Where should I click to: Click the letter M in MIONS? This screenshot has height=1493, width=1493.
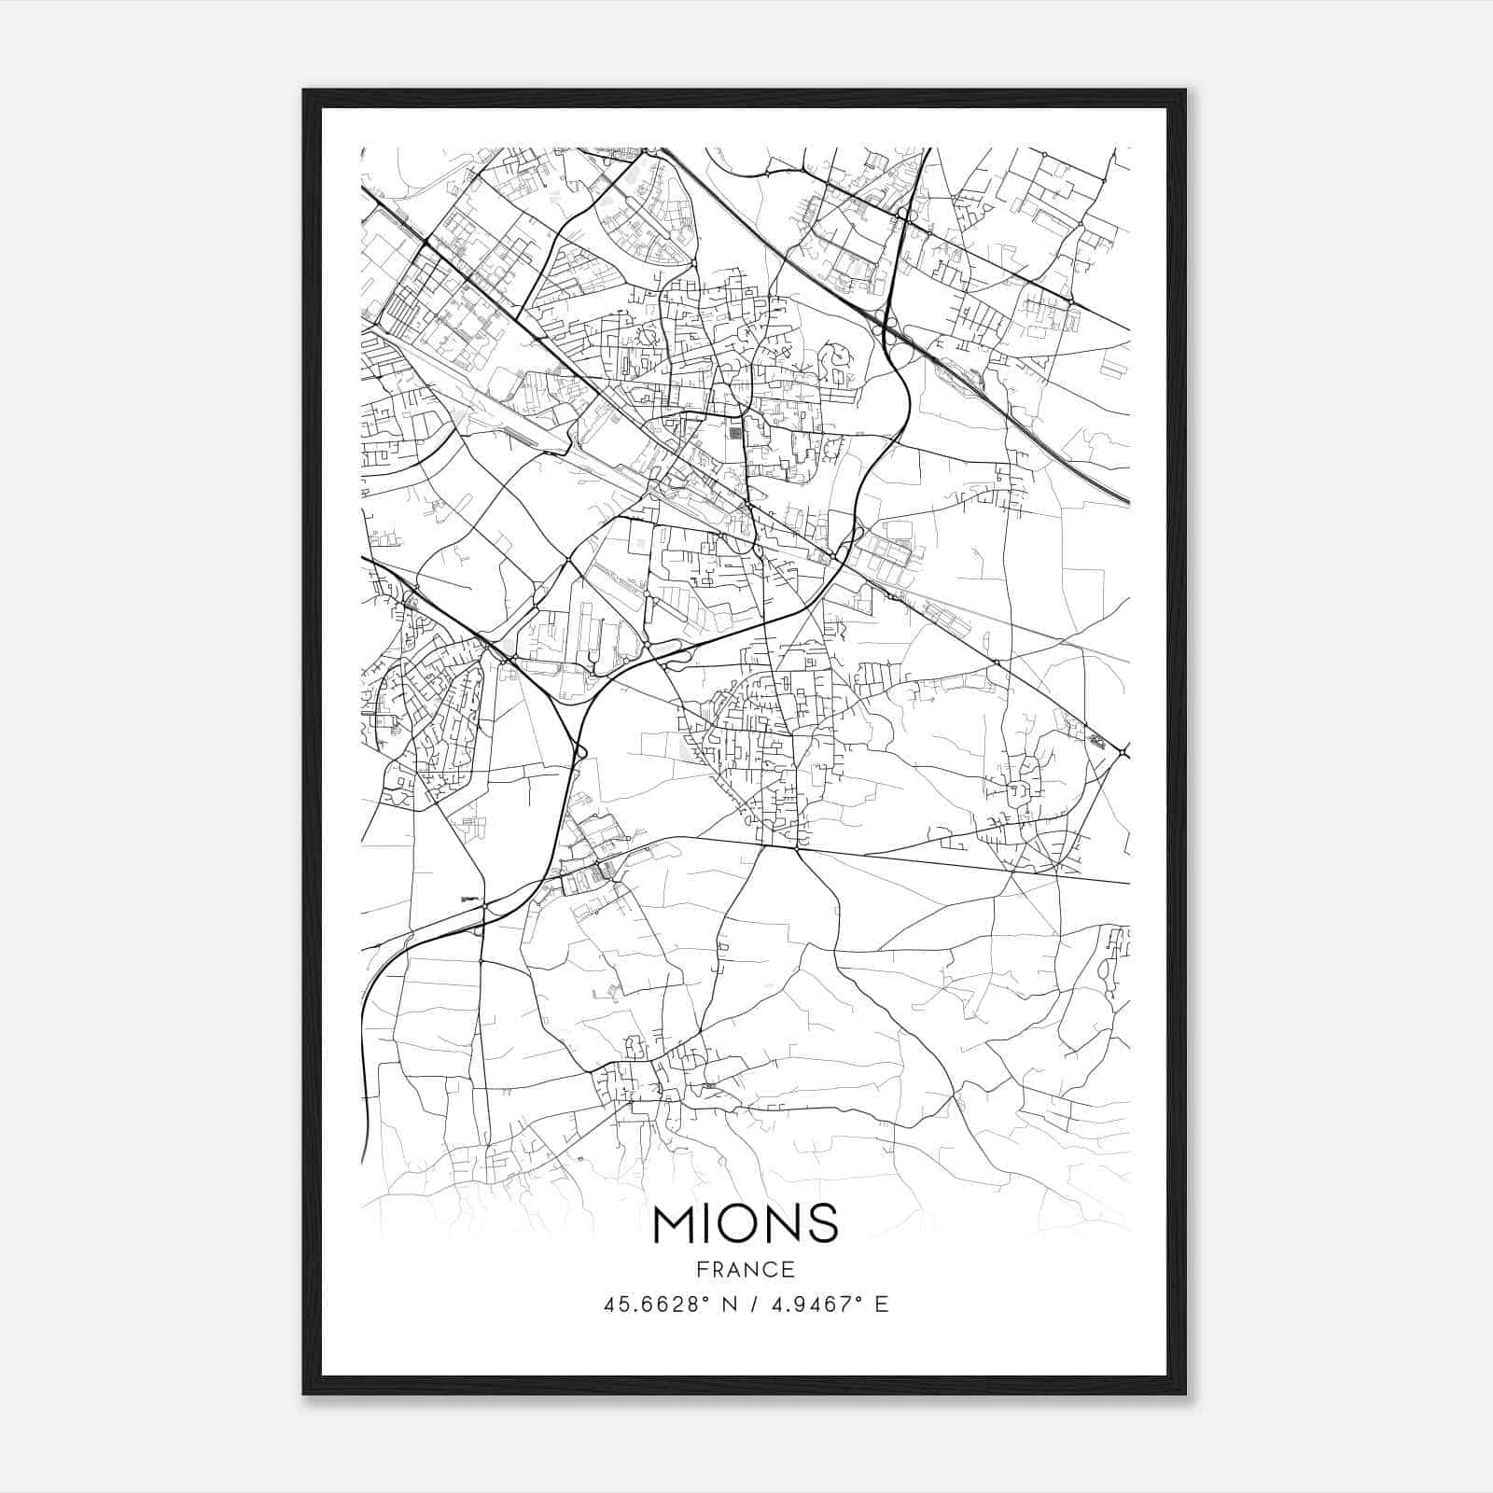point(674,1223)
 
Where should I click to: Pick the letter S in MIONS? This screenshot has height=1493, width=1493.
point(823,1223)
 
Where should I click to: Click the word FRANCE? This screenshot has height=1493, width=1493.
point(746,1269)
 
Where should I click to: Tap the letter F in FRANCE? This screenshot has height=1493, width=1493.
point(703,1269)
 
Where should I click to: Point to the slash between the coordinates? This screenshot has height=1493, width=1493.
point(750,1305)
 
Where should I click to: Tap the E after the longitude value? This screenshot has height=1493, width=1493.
point(882,1305)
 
